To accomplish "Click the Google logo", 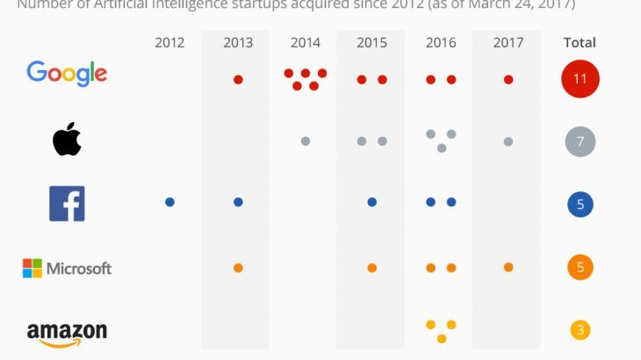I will pos(67,73).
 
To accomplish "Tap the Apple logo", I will pos(67,140).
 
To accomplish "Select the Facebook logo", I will pos(67,204).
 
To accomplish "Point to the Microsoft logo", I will pos(67,268).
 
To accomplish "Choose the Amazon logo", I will pos(67,334).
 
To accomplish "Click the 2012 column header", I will pos(169,42).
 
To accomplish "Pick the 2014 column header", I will pos(306,42).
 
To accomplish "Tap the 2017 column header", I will pos(508,42).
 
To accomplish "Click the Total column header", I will pos(580,42).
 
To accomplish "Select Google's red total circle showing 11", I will pos(580,79).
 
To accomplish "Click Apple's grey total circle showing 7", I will pos(580,141).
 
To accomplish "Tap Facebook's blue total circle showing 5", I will pos(580,205).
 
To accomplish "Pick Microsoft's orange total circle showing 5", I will pos(580,268).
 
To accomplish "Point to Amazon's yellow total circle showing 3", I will pos(580,331).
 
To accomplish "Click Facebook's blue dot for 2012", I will pos(169,202).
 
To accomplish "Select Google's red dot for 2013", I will pos(238,80).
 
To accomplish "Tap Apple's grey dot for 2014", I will pos(306,140).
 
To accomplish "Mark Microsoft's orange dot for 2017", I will pos(508,267).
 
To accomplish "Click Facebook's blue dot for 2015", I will pos(372,202).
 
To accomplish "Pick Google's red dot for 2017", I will pos(508,80).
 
